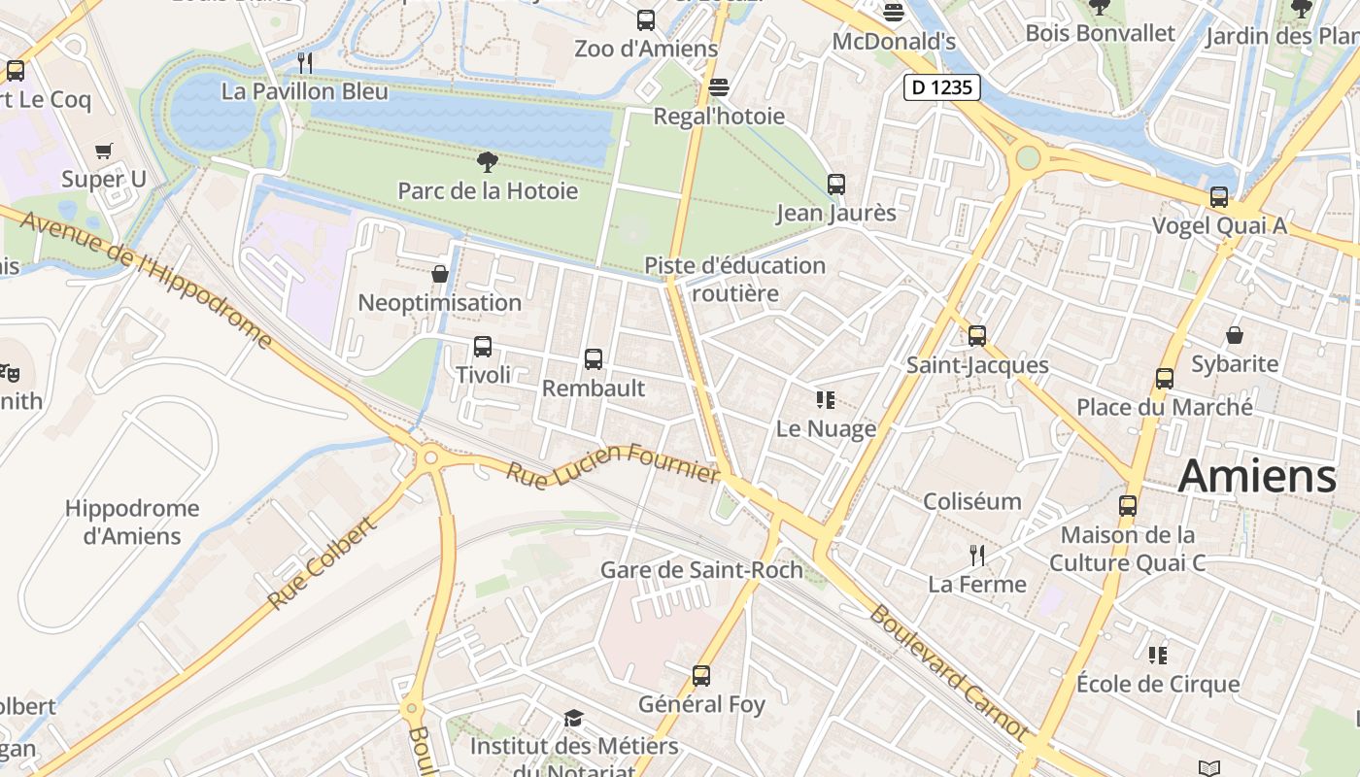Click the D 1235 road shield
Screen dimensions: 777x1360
pos(941,87)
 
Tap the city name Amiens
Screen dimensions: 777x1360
pos(1257,477)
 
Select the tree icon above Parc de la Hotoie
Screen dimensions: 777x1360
pos(488,161)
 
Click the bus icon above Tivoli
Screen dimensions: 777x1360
pos(482,346)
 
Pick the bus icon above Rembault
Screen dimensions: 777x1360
pos(594,358)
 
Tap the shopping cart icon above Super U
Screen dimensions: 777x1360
pos(104,151)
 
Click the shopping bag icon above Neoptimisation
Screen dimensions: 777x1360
pos(440,274)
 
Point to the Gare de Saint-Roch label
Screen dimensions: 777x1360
pos(701,570)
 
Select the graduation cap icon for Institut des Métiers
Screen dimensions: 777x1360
pos(574,718)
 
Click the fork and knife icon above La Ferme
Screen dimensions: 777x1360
pos(977,556)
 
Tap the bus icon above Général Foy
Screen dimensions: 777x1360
pos(701,675)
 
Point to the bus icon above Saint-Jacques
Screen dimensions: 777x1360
pos(977,336)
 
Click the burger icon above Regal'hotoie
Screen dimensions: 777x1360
pos(719,87)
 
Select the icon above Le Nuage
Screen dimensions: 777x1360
pos(826,400)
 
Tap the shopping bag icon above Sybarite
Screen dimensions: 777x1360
pos(1235,335)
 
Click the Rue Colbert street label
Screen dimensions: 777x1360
pos(321,563)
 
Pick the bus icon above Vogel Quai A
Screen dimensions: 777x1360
pos(1219,197)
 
